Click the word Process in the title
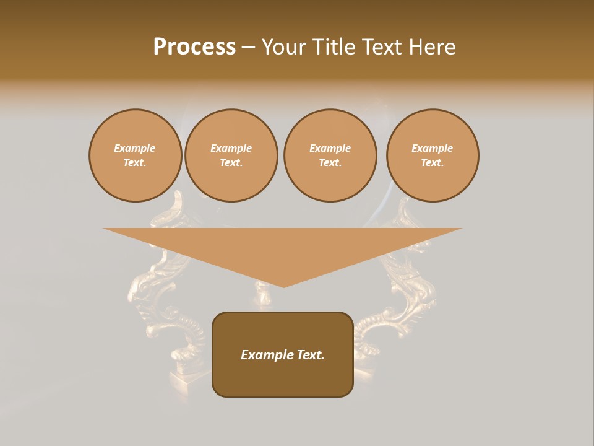[x=194, y=47]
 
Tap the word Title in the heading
[x=334, y=47]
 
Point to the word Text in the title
[x=382, y=47]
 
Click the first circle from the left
[x=136, y=155]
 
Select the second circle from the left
[x=231, y=155]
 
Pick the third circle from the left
[x=330, y=155]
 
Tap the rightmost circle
[x=433, y=155]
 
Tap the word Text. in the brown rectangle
[x=309, y=355]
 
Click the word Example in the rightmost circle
[x=433, y=148]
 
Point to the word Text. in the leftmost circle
[x=136, y=163]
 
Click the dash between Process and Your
[x=249, y=48]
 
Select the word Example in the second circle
[x=231, y=148]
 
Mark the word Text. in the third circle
[x=330, y=163]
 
